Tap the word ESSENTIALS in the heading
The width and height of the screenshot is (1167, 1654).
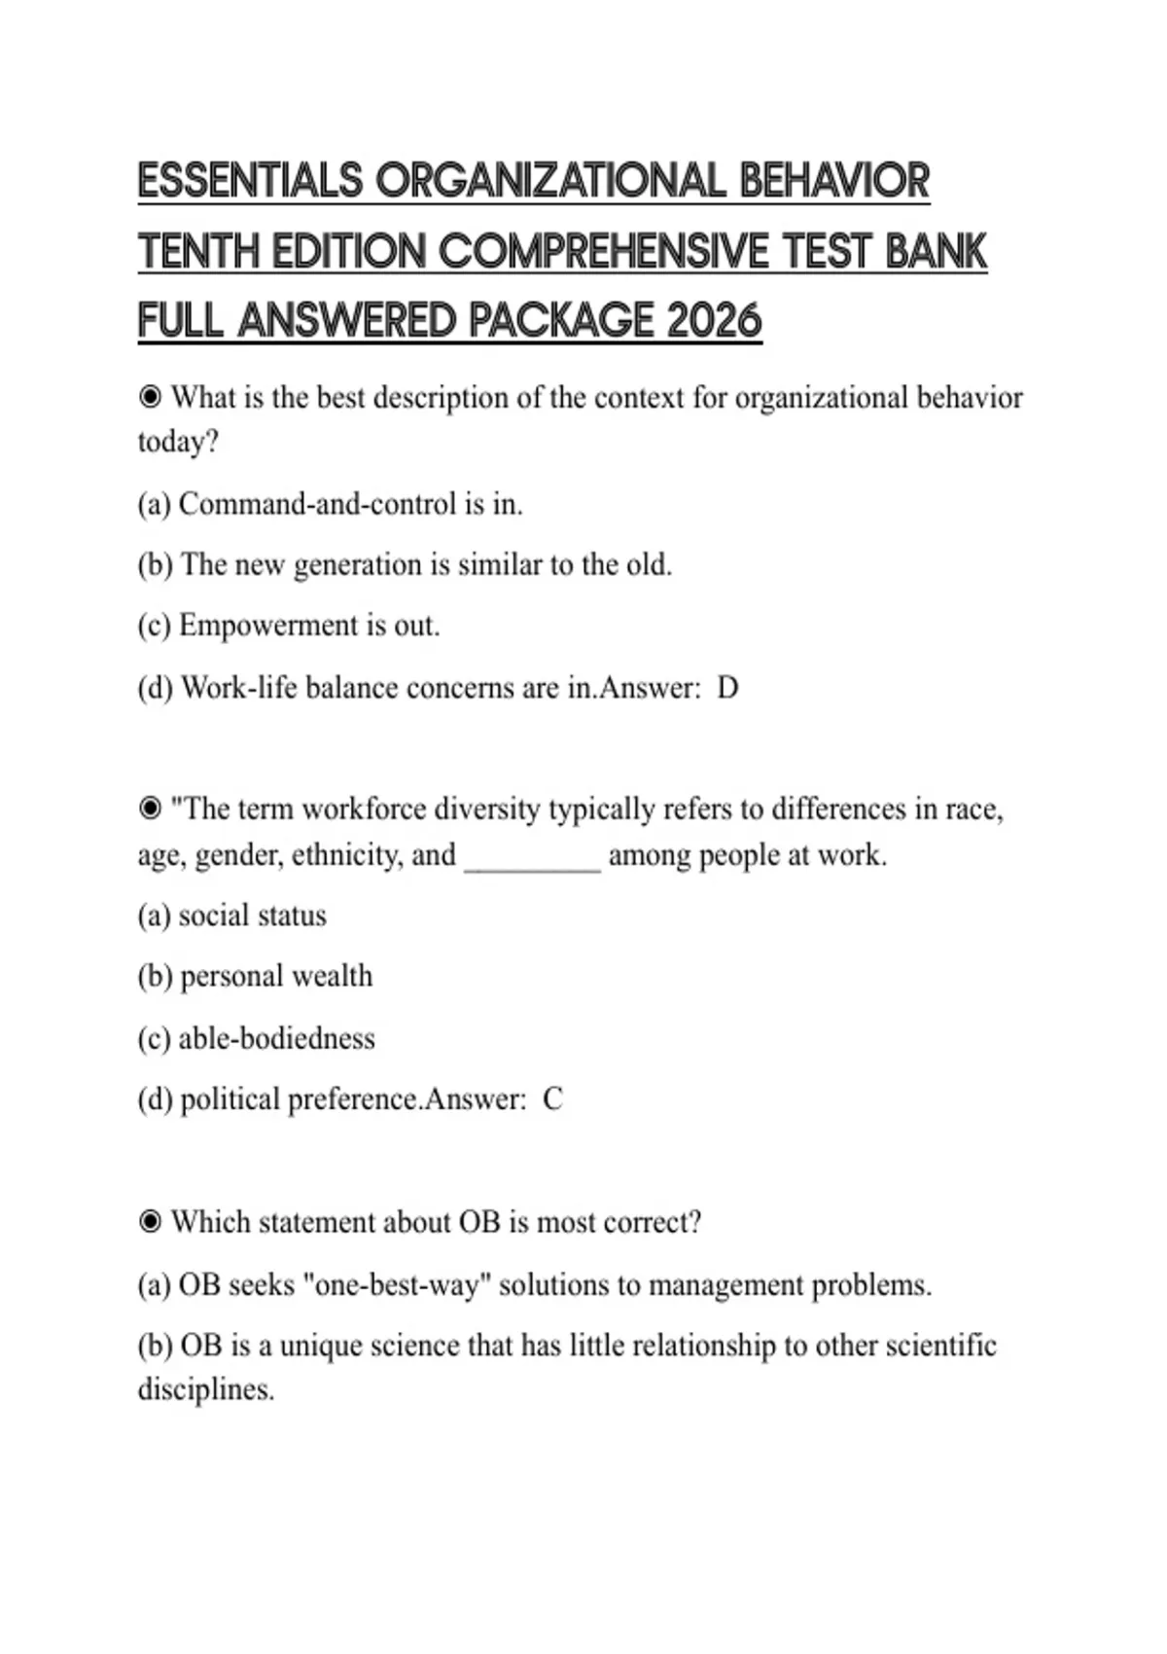[x=250, y=182]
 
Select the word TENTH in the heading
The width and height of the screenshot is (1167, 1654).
[x=198, y=252]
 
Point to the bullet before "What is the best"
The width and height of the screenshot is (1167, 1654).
[x=150, y=397]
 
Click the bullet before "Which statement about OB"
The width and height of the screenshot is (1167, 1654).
[x=150, y=1221]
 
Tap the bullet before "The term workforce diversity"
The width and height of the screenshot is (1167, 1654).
[x=150, y=809]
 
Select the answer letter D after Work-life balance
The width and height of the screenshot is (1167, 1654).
[x=727, y=688]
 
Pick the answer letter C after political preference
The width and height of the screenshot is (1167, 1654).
[x=552, y=1099]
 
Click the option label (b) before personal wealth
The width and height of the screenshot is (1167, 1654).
[x=155, y=976]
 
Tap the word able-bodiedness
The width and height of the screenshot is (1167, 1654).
[x=276, y=1038]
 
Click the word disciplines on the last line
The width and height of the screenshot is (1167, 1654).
[x=205, y=1388]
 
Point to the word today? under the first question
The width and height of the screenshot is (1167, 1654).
[x=178, y=442]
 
